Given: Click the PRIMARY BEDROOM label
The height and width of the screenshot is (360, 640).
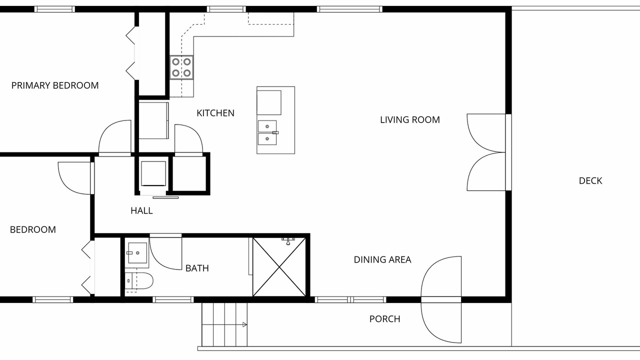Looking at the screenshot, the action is tap(55, 85).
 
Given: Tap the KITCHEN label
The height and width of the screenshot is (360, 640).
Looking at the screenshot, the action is tap(215, 113).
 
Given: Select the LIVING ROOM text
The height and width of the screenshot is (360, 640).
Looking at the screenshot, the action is tap(409, 119).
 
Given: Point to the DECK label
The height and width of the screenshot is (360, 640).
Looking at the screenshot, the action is tap(590, 181).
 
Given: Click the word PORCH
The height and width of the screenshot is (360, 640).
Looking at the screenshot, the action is tap(384, 319).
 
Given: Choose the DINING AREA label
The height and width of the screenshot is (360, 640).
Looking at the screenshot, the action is tap(382, 259).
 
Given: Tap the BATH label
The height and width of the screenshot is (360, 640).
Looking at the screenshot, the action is tap(197, 268).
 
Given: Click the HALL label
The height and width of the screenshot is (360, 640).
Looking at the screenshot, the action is tap(141, 211).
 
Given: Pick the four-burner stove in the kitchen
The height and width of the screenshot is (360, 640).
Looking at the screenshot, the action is tap(181, 67).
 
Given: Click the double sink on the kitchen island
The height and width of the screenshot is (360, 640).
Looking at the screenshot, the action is tap(267, 132).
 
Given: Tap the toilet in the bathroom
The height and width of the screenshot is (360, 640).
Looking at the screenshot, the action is tap(139, 280).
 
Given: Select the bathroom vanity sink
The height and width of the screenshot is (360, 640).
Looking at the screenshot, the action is tap(137, 253).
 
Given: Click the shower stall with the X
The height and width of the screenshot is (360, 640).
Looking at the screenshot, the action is tap(279, 267).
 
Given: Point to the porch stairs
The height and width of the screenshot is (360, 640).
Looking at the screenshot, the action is tap(224, 324).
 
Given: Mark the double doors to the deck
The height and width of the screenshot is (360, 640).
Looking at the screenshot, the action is tap(486, 152).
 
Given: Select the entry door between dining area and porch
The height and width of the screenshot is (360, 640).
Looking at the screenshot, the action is tap(441, 299).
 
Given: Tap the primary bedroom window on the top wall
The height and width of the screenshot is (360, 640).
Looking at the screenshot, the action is tap(54, 9).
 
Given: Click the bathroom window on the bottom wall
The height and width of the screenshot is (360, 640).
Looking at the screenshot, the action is tap(173, 299).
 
